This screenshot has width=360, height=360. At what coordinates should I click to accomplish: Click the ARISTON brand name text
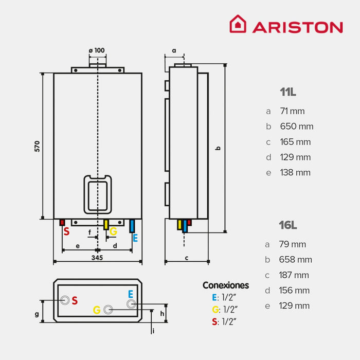(297, 27)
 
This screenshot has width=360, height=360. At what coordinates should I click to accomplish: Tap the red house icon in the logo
(238, 24)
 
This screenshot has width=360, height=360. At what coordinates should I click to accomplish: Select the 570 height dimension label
(37, 146)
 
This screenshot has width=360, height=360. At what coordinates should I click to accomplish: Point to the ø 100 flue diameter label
(97, 50)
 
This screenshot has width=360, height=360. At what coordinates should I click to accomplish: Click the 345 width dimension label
(97, 257)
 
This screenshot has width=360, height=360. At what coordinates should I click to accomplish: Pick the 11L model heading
(288, 93)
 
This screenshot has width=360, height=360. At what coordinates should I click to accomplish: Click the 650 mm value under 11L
(296, 127)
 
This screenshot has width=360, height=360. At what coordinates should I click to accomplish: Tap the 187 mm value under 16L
(294, 275)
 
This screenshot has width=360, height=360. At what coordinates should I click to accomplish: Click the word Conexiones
(225, 285)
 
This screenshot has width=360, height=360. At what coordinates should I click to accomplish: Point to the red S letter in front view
(66, 232)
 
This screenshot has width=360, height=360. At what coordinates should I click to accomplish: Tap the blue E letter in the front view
(135, 238)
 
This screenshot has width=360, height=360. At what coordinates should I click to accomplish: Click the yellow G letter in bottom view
(96, 310)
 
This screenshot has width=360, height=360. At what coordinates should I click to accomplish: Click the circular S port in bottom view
(65, 300)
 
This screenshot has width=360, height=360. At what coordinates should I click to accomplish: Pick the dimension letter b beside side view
(218, 148)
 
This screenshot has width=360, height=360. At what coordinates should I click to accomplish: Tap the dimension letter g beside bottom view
(37, 314)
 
